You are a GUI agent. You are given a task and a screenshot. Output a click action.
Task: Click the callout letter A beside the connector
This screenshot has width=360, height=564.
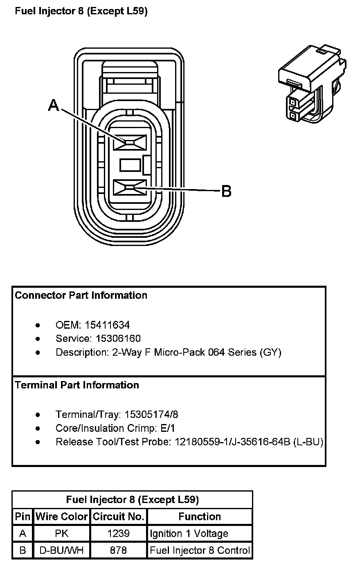point(54,106)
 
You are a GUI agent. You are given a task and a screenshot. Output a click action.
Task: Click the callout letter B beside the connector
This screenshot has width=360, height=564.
point(226,191)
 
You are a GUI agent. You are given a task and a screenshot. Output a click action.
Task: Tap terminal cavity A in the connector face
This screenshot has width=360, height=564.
point(130,142)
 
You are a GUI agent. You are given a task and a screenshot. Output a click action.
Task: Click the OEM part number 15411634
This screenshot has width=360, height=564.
point(107,325)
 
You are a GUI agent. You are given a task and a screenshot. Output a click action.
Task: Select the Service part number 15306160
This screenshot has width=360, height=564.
point(118,339)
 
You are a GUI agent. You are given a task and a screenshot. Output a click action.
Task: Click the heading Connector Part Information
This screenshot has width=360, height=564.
point(81,296)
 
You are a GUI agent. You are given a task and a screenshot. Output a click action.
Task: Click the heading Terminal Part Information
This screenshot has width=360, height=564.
point(77,385)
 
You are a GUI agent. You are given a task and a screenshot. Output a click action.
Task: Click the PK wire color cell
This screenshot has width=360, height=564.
point(61,534)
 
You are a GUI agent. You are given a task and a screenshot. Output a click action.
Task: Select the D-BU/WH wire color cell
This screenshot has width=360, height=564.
point(61,551)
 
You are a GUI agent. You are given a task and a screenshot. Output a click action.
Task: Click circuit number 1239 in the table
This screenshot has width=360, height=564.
point(119,534)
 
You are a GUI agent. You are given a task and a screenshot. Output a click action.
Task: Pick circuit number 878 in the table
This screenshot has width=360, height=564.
point(119,551)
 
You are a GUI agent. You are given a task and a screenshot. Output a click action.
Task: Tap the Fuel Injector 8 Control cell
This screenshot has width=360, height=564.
point(200,551)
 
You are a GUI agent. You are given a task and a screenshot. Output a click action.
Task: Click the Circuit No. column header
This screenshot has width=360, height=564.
point(119,517)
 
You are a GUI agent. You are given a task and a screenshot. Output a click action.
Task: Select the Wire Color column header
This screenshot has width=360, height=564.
point(61,517)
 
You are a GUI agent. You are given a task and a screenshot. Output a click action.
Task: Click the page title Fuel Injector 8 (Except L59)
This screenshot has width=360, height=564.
point(81,11)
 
